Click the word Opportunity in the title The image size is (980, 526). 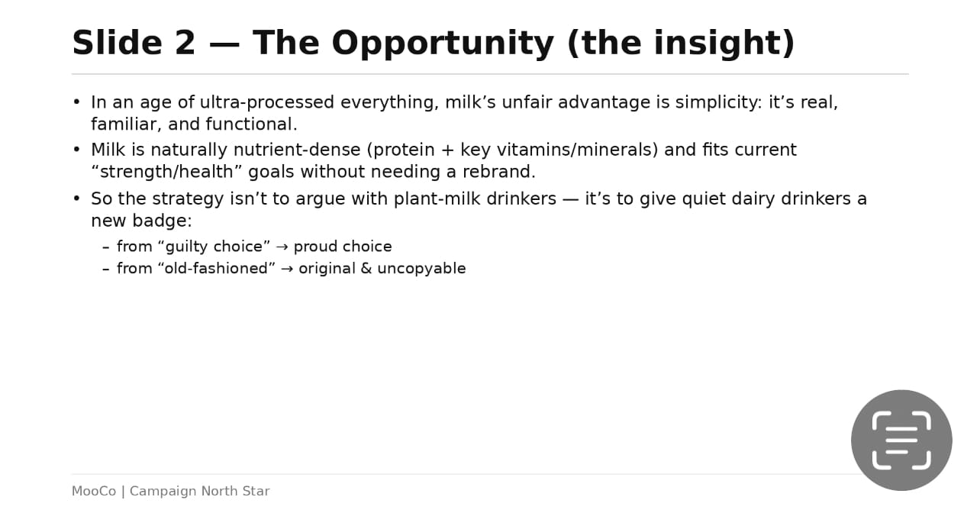click(x=443, y=44)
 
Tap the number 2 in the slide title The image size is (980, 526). click(x=185, y=43)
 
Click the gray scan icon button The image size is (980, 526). click(x=901, y=440)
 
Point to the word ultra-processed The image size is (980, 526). click(x=267, y=102)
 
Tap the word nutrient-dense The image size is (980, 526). click(x=297, y=150)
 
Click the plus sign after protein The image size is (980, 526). click(x=447, y=150)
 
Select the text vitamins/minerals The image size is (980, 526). click(x=577, y=150)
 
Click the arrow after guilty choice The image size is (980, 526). click(x=282, y=247)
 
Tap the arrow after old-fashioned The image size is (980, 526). click(x=287, y=269)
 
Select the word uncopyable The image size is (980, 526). click(x=421, y=269)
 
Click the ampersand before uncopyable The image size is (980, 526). click(x=366, y=269)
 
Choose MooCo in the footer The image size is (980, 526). click(x=94, y=491)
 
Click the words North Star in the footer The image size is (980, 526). click(x=235, y=491)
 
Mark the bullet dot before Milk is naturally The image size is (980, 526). click(x=77, y=150)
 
